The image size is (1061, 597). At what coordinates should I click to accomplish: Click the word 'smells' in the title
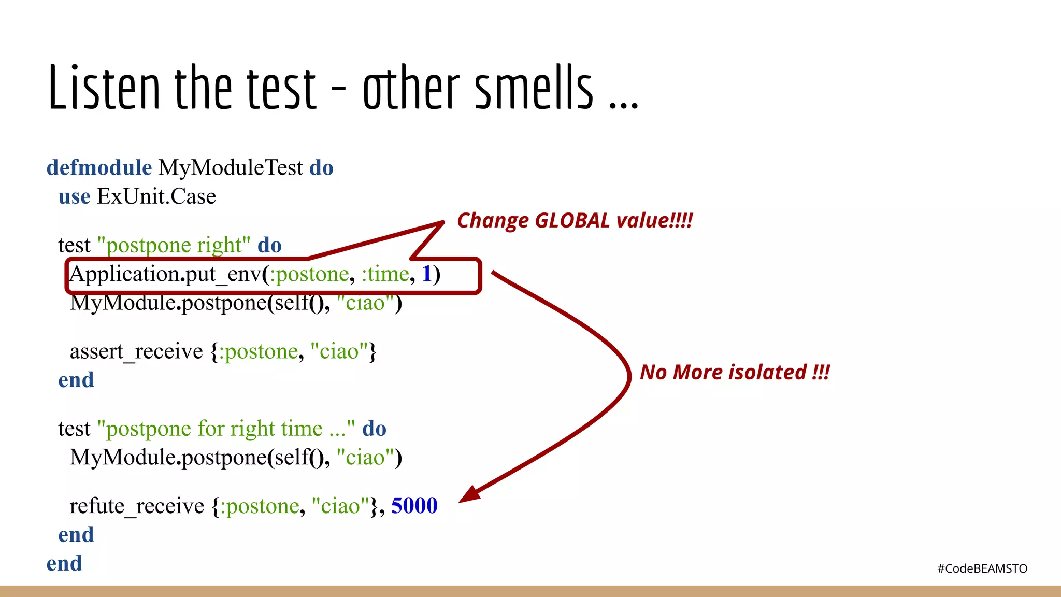(x=534, y=88)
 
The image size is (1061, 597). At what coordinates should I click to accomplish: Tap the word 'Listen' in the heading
(x=104, y=88)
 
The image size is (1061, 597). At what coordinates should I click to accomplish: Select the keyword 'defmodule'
(x=99, y=168)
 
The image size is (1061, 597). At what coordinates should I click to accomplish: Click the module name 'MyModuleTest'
(x=231, y=168)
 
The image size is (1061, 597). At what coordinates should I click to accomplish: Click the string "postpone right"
(x=174, y=245)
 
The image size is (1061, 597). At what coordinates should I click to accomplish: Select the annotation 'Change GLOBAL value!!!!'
(x=575, y=221)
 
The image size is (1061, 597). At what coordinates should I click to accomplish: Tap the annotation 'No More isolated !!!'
(x=735, y=373)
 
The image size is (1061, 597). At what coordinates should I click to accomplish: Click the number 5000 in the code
(x=414, y=506)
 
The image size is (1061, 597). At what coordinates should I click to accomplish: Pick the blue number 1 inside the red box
(x=427, y=274)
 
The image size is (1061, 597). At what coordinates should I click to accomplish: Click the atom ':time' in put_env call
(x=385, y=274)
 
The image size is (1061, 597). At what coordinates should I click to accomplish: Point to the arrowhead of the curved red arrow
(x=469, y=494)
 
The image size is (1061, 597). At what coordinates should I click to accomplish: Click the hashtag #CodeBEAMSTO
(x=982, y=568)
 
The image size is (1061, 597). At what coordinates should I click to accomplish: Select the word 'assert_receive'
(x=136, y=352)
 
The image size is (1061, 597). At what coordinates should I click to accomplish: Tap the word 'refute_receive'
(x=137, y=506)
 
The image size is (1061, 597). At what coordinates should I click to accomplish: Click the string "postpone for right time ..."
(x=226, y=429)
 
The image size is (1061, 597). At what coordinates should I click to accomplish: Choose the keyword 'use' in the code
(x=74, y=197)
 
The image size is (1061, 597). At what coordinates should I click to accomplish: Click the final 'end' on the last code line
(x=64, y=563)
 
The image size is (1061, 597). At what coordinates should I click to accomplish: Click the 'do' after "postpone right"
(x=269, y=245)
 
